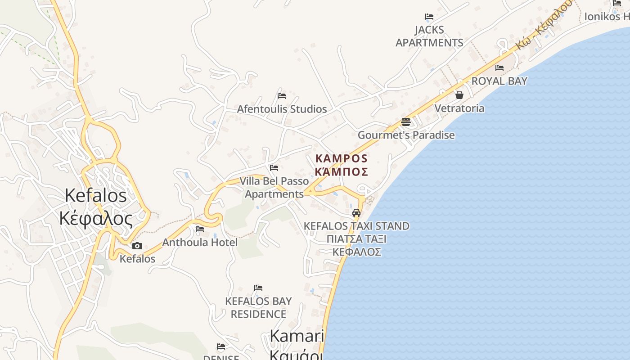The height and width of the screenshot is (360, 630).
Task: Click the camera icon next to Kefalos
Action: (137, 246)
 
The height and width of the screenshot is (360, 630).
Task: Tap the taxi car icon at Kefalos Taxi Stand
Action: (356, 212)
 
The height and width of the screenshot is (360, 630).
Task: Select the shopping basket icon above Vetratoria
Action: (459, 95)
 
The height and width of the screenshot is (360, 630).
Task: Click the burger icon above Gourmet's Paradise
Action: (406, 122)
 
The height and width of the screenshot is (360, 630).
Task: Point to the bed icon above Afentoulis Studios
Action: (282, 96)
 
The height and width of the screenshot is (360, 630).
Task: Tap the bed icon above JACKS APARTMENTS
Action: (429, 17)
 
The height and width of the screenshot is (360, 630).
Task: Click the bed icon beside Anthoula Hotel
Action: (200, 229)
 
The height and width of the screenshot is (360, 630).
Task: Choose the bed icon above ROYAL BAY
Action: (499, 68)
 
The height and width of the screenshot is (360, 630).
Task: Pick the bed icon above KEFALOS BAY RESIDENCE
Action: (258, 288)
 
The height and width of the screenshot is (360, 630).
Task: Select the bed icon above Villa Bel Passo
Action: (274, 168)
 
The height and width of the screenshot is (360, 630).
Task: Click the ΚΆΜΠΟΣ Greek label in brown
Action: (342, 172)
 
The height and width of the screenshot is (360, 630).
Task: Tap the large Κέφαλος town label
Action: (96, 219)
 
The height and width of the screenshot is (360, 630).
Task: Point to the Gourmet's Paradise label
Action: (406, 135)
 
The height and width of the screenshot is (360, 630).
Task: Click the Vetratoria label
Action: (459, 108)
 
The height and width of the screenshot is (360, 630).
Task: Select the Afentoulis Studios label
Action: (282, 109)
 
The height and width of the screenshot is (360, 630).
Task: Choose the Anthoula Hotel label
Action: (200, 242)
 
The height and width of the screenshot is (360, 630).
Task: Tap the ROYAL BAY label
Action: (499, 81)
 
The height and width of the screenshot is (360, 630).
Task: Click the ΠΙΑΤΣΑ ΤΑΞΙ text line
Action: (356, 239)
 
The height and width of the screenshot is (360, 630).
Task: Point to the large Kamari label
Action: (297, 336)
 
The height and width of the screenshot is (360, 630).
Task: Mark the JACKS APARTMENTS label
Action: (429, 36)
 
